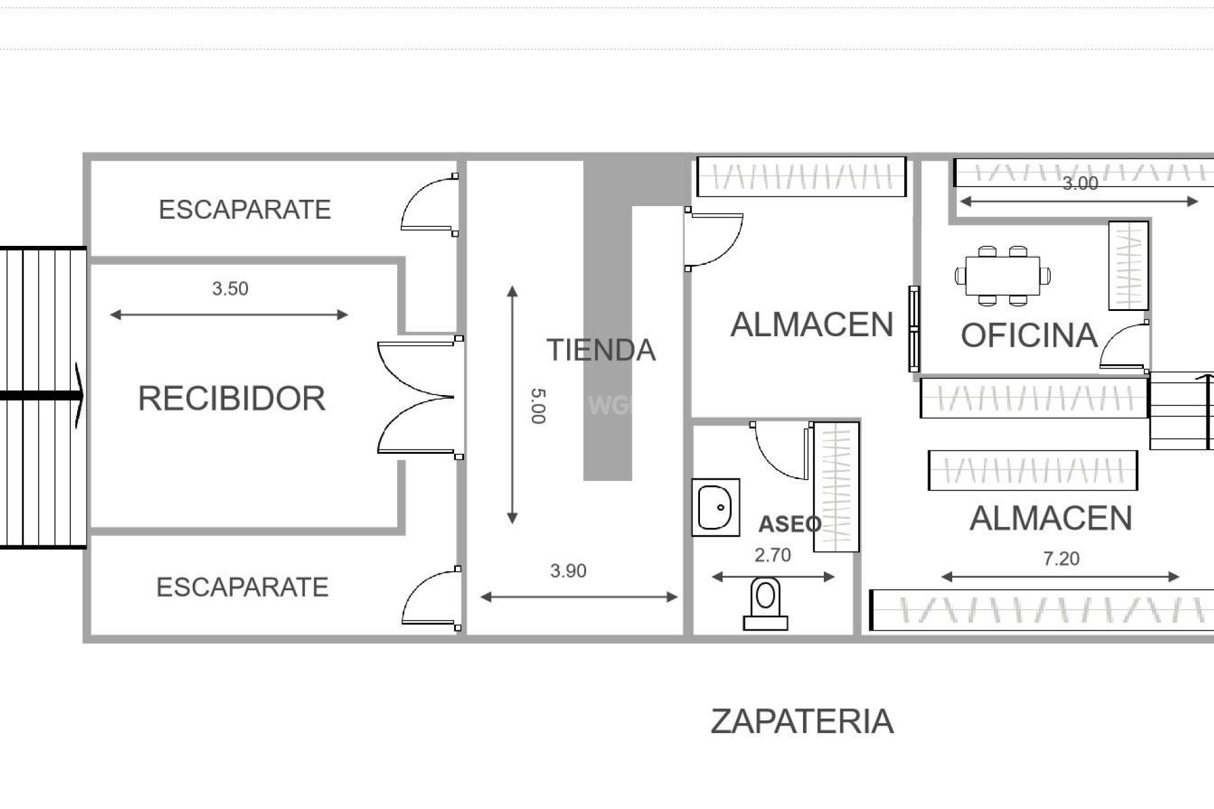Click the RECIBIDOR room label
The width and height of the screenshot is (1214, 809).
click(x=231, y=399)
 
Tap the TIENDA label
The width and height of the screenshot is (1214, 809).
click(x=601, y=350)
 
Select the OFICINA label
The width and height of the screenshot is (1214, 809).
click(x=1029, y=336)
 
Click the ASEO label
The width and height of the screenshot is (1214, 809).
click(x=790, y=524)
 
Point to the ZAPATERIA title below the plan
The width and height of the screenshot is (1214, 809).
click(x=802, y=721)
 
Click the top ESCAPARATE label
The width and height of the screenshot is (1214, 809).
click(x=245, y=210)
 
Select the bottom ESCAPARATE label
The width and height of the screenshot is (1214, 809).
click(x=242, y=588)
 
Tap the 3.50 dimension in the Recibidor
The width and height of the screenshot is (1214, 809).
click(x=230, y=289)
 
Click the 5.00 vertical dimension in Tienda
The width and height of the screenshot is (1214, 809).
click(x=537, y=406)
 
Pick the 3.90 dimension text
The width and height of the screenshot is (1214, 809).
click(x=568, y=571)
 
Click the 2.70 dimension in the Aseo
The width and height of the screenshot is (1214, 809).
click(x=772, y=556)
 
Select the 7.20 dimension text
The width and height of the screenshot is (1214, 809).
click(x=1061, y=559)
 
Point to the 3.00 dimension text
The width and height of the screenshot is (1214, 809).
click(x=1080, y=184)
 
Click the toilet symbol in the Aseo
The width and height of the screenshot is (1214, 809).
click(x=765, y=604)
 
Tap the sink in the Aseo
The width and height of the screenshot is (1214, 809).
click(x=716, y=508)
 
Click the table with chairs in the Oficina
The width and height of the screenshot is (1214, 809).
click(x=1003, y=276)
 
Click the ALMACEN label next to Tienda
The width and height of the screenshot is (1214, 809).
click(x=811, y=325)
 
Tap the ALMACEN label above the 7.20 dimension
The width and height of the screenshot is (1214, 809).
click(x=1050, y=518)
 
